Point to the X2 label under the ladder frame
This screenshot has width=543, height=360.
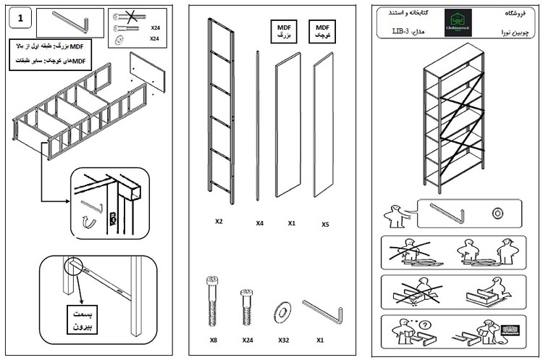tap(219, 221)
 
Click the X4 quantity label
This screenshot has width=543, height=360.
tap(259, 223)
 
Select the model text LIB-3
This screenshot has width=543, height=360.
tap(403, 31)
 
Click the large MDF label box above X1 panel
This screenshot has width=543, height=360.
tap(284, 31)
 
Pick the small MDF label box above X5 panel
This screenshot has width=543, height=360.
tap(322, 31)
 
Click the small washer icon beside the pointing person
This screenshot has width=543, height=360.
tap(497, 213)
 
